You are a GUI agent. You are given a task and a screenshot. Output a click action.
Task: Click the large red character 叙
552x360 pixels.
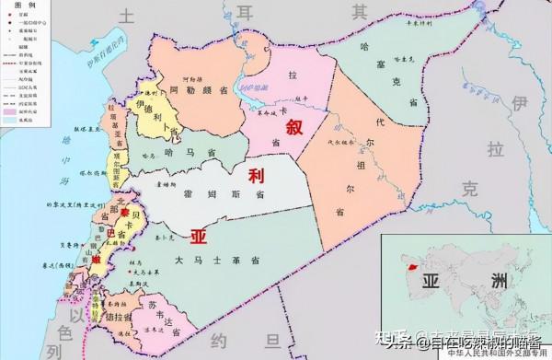(x=293, y=127)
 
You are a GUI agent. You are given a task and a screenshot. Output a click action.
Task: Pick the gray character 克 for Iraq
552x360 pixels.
(x=471, y=191)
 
